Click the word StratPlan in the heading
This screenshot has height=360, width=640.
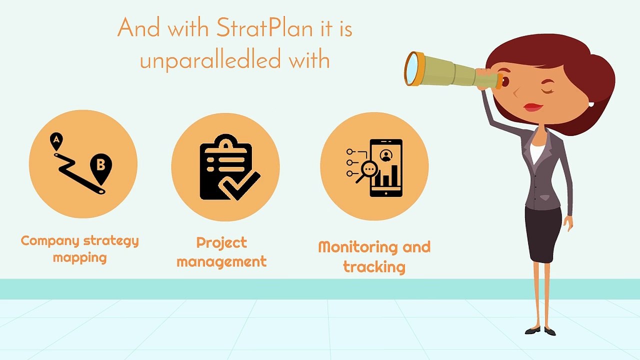265,29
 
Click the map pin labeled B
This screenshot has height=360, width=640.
100,165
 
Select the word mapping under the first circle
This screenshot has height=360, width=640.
80,258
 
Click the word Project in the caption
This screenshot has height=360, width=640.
221,242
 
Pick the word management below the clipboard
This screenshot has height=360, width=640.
221,261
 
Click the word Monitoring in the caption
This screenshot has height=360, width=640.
358,247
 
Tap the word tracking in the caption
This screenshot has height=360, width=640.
374,266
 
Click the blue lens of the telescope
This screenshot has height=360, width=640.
411,68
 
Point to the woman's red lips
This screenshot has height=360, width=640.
533,107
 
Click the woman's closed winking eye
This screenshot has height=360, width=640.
548,90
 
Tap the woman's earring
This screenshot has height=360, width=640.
590,104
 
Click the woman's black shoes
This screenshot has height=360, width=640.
540,330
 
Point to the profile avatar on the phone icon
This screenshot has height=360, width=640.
385,155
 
